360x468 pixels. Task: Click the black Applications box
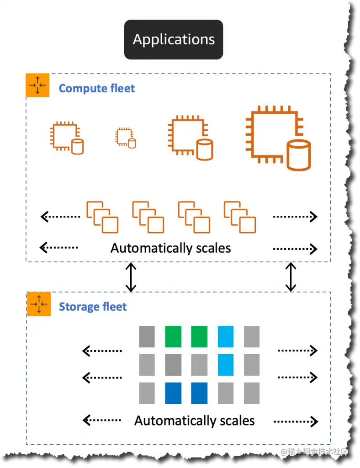pyautogui.click(x=174, y=39)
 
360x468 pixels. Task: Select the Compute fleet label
pyautogui.click(x=97, y=88)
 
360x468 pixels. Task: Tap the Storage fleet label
pyautogui.click(x=93, y=307)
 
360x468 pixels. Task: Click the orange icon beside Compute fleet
pyautogui.click(x=38, y=85)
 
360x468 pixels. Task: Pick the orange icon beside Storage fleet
pyautogui.click(x=39, y=304)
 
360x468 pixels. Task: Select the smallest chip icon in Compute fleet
pyautogui.click(x=125, y=137)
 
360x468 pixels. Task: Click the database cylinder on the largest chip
pyautogui.click(x=299, y=155)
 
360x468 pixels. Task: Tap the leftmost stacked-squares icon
pyautogui.click(x=102, y=217)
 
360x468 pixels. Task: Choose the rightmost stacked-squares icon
pyautogui.click(x=240, y=217)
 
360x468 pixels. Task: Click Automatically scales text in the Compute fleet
pyautogui.click(x=171, y=248)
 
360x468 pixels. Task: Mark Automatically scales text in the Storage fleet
pyautogui.click(x=195, y=420)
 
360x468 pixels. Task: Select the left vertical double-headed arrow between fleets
pyautogui.click(x=131, y=277)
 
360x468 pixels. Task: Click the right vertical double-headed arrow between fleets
pyautogui.click(x=291, y=277)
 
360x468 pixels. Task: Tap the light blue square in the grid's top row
pyautogui.click(x=226, y=336)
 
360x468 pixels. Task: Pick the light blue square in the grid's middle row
pyautogui.click(x=226, y=364)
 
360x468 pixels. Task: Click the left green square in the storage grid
pyautogui.click(x=173, y=336)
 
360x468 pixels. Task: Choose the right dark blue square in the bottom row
pyautogui.click(x=200, y=393)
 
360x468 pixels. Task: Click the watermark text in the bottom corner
pyautogui.click(x=315, y=452)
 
